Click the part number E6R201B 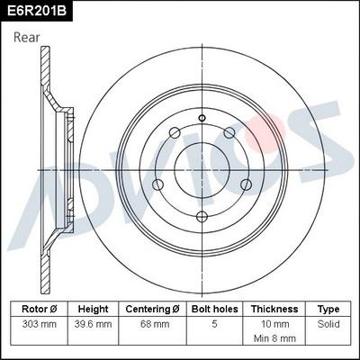pos(37,11)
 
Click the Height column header pos(93,309)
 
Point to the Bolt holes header pos(213,309)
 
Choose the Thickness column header pos(274,309)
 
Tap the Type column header pos(329,309)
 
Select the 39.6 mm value pos(93,322)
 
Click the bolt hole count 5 pos(213,322)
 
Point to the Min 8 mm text pos(274,337)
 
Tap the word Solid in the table pos(329,322)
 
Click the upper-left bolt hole pos(175,135)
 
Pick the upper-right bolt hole pos(229,134)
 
